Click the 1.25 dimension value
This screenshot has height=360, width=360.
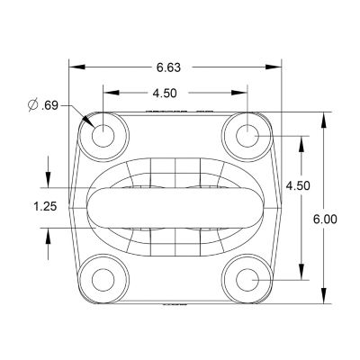[x=44, y=206]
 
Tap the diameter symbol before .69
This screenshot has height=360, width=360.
[x=33, y=106]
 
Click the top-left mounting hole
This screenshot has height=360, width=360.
[x=103, y=136]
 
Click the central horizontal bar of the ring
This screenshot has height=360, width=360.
[x=175, y=207]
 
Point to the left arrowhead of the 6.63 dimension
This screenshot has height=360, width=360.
[x=76, y=66]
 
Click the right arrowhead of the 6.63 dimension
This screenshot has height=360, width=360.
[x=275, y=66]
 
